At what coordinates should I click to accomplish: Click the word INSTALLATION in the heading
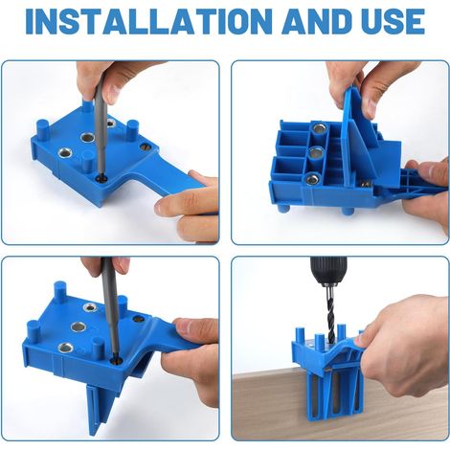tap(149, 22)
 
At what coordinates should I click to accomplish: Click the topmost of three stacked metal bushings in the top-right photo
tap(318, 128)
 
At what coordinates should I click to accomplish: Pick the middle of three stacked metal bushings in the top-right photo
tap(316, 153)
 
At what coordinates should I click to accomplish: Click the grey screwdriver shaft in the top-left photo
tap(101, 124)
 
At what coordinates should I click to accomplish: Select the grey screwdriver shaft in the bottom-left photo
tap(110, 308)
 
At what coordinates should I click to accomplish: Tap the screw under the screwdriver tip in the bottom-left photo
tap(117, 361)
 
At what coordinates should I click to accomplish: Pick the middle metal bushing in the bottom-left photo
tap(79, 326)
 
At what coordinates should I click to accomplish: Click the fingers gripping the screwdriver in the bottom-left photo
tap(105, 265)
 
